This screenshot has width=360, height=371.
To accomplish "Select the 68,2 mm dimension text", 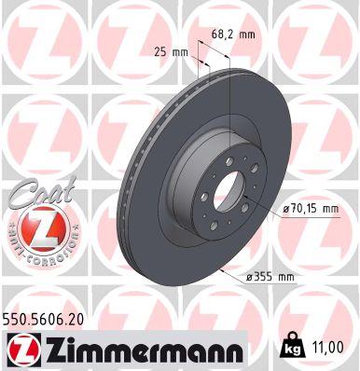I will point(232,34).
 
